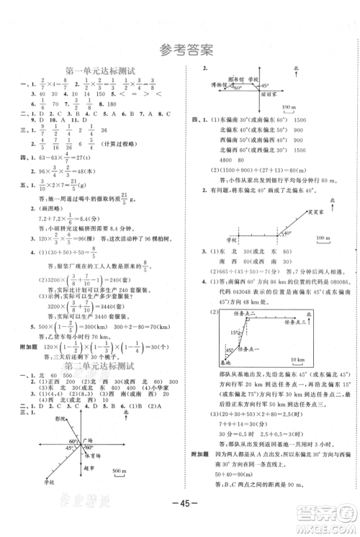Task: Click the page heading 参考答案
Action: point(180,50)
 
